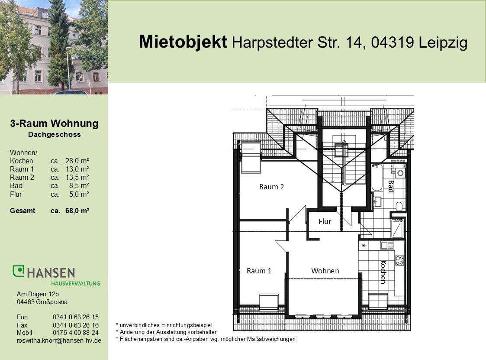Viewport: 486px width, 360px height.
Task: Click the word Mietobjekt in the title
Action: [183, 42]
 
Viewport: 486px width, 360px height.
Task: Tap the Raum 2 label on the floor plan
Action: [271, 187]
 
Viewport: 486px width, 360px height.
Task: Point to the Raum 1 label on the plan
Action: [259, 271]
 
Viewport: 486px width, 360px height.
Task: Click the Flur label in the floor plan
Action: [325, 221]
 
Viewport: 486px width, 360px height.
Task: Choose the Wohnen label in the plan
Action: [325, 271]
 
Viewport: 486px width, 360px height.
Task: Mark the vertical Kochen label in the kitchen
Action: [383, 272]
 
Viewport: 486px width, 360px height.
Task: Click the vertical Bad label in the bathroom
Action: [390, 186]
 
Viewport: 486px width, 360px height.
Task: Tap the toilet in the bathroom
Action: [399, 205]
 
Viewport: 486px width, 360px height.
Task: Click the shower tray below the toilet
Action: [397, 228]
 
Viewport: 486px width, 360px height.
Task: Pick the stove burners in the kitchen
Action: [399, 260]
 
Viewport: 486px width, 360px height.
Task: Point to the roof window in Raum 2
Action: [250, 156]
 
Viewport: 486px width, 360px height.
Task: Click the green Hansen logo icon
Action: [18, 271]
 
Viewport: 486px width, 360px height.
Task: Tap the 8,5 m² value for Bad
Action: [78, 186]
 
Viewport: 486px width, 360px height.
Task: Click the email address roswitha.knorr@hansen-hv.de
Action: [59, 341]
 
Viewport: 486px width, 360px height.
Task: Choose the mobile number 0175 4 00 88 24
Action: [75, 333]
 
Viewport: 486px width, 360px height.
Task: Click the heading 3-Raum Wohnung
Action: [54, 124]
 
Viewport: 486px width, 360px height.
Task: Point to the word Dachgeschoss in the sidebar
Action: [54, 135]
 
